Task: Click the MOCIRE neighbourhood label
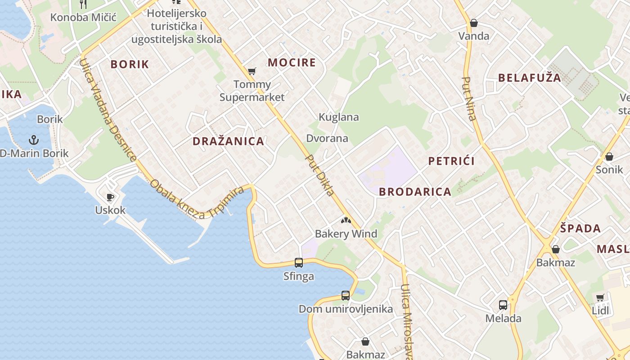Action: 292,63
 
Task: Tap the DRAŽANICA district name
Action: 228,141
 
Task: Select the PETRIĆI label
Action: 451,161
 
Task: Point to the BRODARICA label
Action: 415,192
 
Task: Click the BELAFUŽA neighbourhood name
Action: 530,78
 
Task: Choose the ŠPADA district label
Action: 580,228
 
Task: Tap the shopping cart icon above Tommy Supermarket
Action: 252,71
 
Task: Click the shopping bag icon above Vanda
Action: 473,23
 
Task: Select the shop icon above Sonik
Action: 609,157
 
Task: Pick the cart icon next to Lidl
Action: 600,297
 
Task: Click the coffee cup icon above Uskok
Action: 110,197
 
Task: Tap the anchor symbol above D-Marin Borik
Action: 34,140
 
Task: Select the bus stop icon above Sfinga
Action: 298,262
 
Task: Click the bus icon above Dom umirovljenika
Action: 345,296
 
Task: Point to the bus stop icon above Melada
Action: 503,305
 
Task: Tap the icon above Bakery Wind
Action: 346,220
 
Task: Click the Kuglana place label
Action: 339,117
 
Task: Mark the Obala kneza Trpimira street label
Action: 197,201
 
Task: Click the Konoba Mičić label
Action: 83,18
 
